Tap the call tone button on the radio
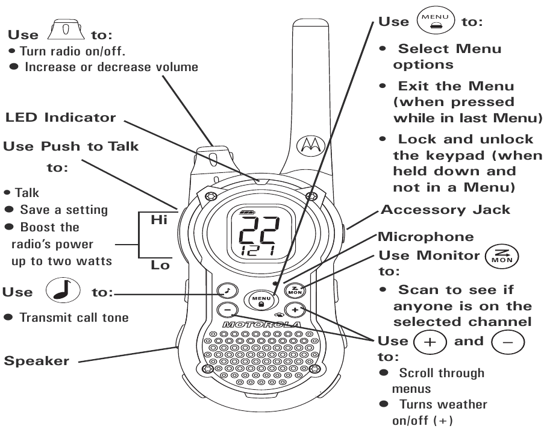(226, 289)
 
